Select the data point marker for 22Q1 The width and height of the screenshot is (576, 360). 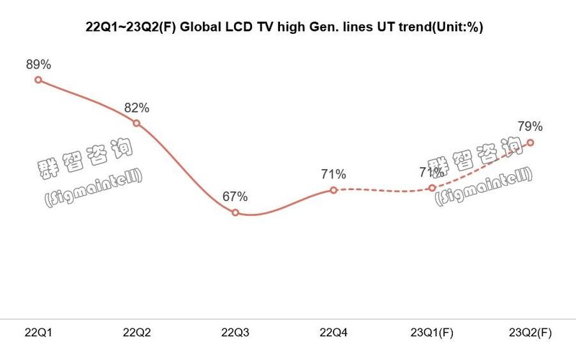pos(39,80)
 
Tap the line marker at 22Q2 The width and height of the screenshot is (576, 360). pos(137,124)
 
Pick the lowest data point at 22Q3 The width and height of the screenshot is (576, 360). pos(235,212)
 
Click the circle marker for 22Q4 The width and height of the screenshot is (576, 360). pos(333,190)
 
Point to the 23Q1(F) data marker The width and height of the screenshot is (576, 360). pos(432,188)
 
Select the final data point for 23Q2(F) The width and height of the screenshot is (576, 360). pos(530,143)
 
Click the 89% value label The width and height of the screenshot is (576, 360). pos(38,64)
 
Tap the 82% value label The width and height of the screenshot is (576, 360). pos(137,108)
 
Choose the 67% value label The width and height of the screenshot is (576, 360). pos(235,196)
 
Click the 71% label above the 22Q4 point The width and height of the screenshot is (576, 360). pos(333,174)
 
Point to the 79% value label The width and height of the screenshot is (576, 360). pos(530,127)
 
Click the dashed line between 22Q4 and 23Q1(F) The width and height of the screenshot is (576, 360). pos(382,190)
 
